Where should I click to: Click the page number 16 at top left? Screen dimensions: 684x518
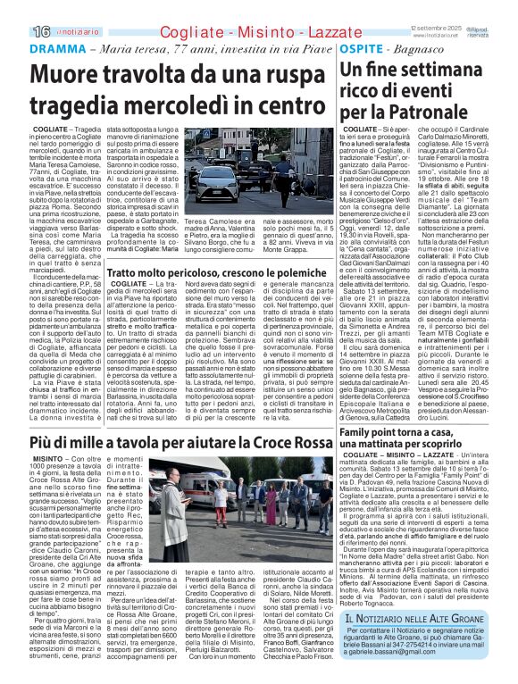[x=16, y=30]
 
